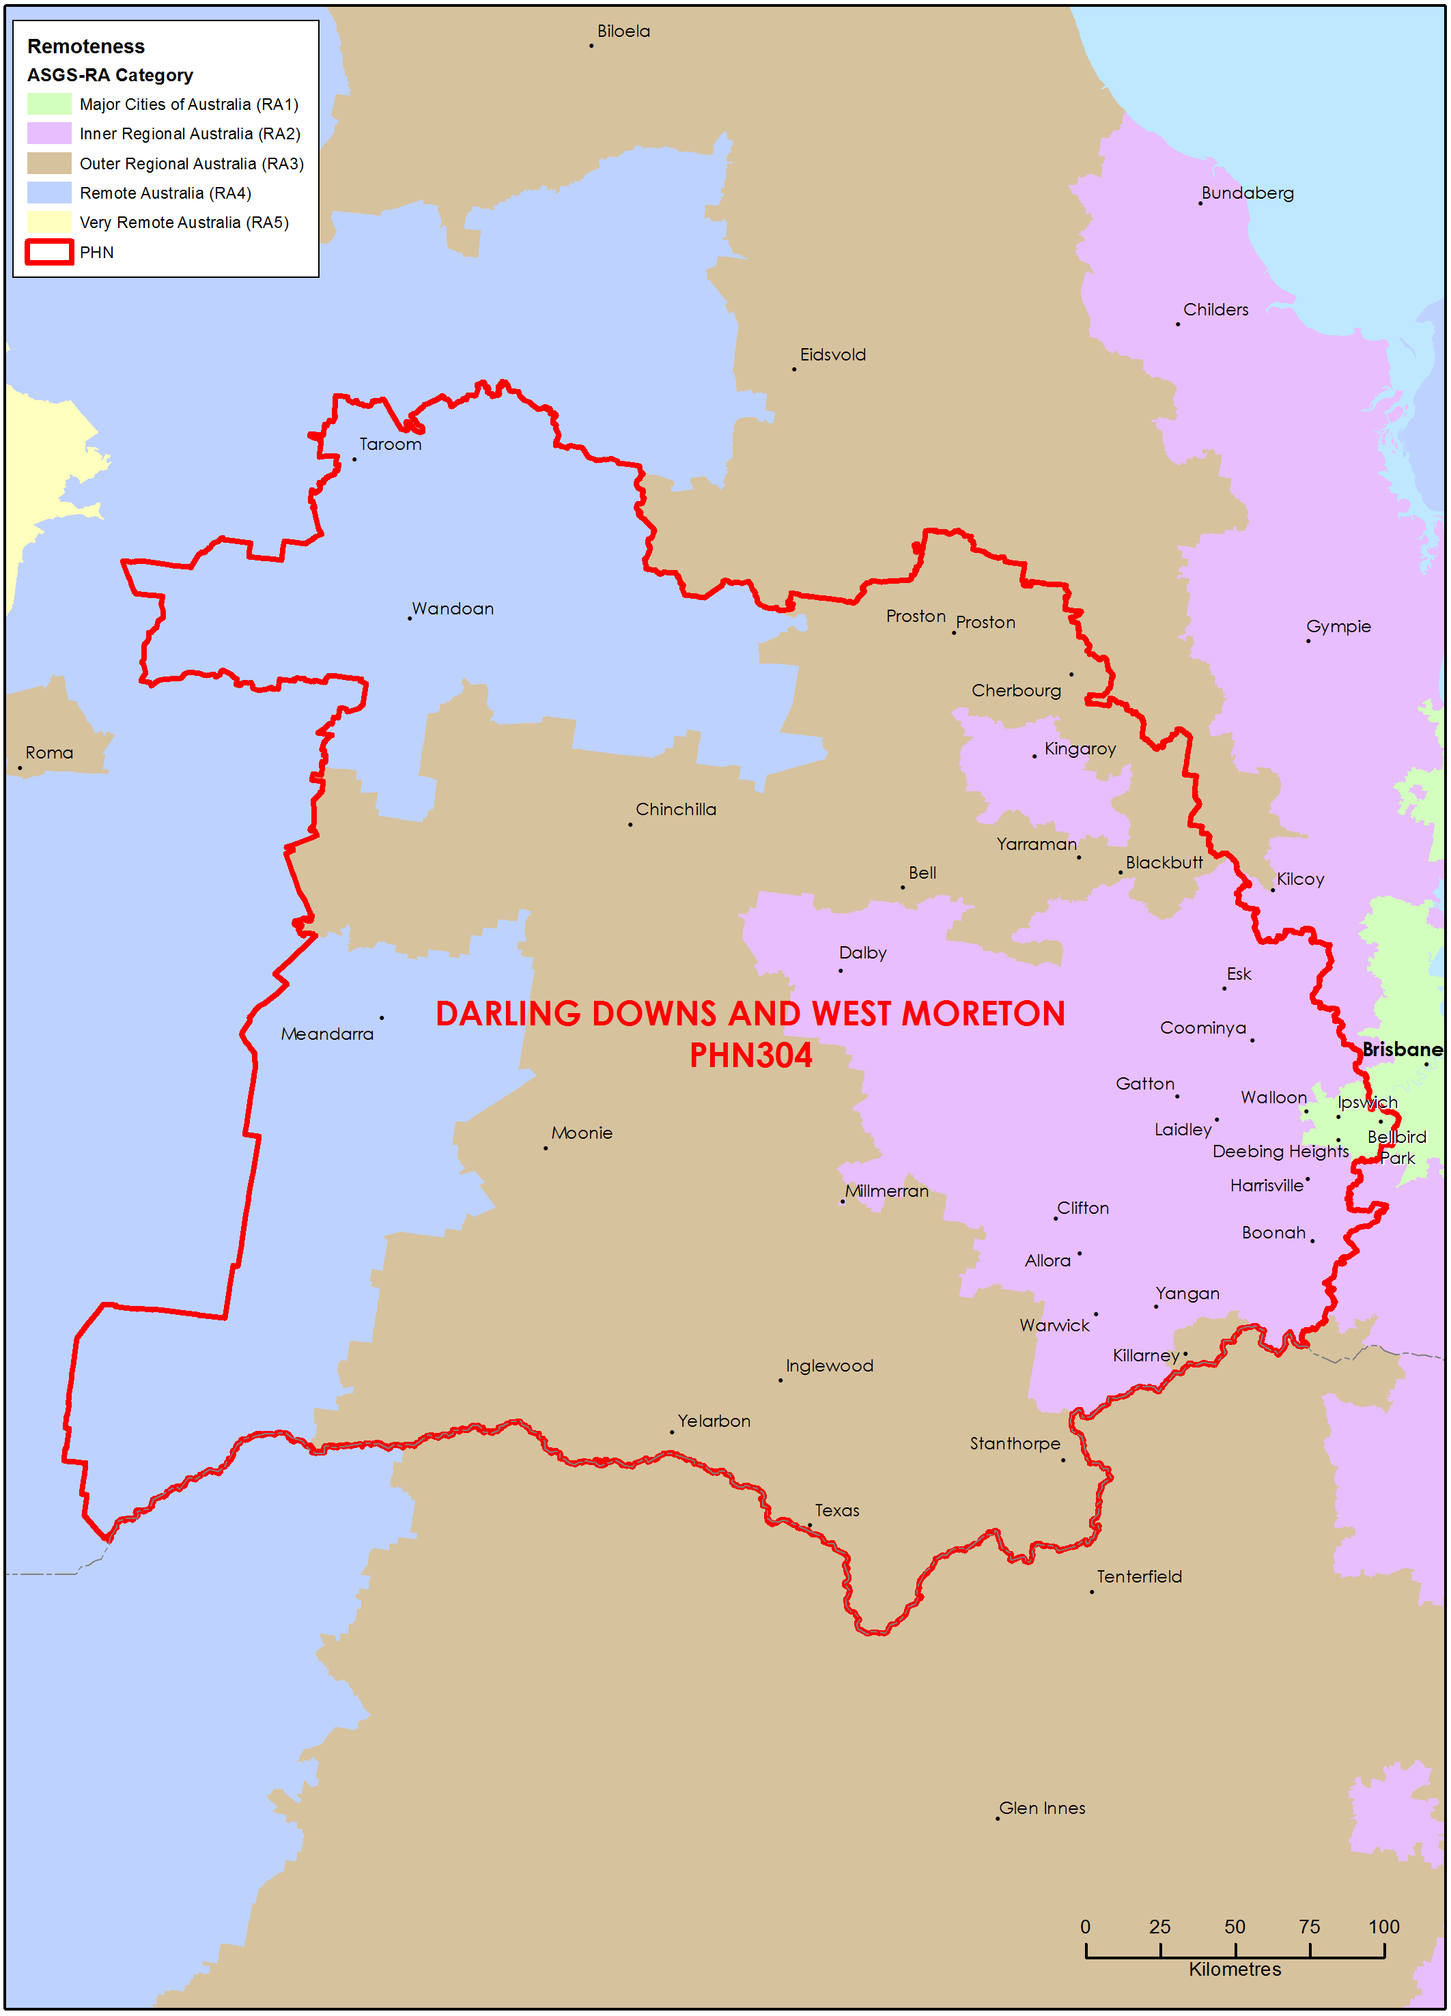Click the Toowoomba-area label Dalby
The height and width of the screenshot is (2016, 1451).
[862, 953]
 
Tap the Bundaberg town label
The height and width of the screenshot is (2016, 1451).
[1247, 193]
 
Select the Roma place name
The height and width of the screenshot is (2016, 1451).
[49, 753]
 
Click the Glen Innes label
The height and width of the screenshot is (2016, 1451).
[1042, 1808]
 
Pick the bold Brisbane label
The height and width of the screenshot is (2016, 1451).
[1401, 1050]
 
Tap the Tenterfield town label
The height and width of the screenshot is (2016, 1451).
[1138, 1577]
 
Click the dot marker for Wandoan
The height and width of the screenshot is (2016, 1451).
[410, 619]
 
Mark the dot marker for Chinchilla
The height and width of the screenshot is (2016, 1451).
[630, 825]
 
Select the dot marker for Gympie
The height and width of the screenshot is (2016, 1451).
[1308, 641]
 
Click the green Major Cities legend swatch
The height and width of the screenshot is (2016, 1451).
[49, 104]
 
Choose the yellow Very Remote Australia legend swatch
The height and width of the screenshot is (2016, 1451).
[49, 223]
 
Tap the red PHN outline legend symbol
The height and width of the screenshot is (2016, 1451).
[49, 253]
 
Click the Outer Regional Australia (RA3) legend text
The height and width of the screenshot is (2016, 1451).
[191, 164]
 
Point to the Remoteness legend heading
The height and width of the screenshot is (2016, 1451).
[85, 46]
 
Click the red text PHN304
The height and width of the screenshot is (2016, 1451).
[750, 1055]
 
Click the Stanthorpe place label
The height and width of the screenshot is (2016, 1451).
[1015, 1443]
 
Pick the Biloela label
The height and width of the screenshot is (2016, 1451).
[623, 31]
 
